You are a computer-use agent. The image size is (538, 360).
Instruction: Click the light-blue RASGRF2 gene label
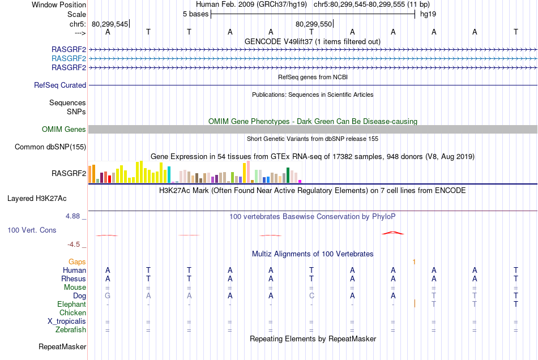tap(69, 58)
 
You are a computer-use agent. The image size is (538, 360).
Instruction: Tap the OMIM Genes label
tap(64, 130)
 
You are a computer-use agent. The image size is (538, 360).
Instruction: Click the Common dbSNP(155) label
tap(50, 147)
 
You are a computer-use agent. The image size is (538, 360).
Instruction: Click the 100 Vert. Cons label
tap(32, 230)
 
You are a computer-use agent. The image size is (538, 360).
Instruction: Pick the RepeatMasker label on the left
tap(62, 346)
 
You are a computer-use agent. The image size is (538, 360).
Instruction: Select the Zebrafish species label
tap(70, 329)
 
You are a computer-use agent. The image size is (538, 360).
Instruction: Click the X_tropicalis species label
tap(67, 321)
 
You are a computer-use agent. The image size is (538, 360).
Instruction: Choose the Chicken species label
tap(72, 312)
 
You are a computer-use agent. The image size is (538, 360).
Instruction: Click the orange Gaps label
tap(78, 262)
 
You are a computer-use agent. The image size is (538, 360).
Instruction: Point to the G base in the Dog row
tap(108, 295)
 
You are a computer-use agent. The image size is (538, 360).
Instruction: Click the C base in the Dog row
tap(311, 295)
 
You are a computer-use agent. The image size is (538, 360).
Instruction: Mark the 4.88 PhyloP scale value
tap(74, 216)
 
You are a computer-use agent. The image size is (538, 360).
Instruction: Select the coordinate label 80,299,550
tap(313, 24)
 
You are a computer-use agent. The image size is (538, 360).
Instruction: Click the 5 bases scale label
tap(195, 14)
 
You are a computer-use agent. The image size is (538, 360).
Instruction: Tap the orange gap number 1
tap(415, 262)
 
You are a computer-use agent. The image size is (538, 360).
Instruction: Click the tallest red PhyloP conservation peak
tap(393, 232)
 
